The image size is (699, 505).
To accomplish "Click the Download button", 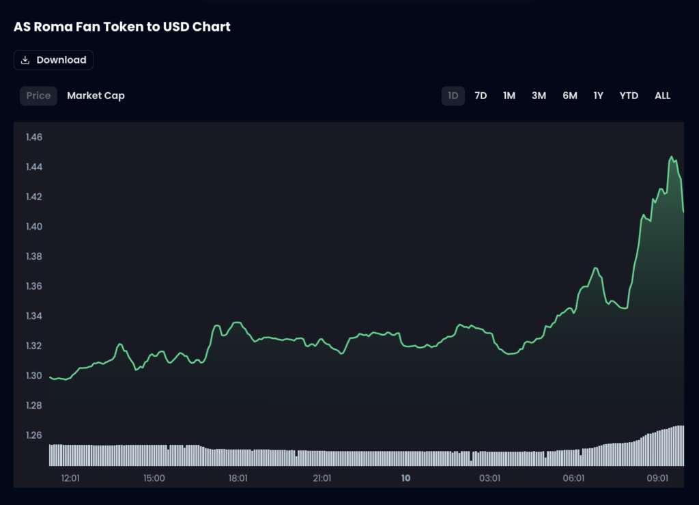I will (x=53, y=60).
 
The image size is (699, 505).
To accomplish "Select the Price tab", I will (x=38, y=96).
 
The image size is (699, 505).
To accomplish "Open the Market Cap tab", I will (x=96, y=96).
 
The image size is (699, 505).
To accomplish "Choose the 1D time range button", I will (x=453, y=96).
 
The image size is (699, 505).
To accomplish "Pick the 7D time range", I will (x=481, y=96).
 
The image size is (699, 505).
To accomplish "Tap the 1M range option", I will (x=509, y=96).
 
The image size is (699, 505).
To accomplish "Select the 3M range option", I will (x=539, y=96).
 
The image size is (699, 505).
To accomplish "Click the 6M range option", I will (x=570, y=96).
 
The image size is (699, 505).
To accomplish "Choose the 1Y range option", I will (x=599, y=96).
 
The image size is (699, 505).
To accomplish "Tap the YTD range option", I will (x=629, y=96).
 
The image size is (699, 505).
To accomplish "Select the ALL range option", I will (x=662, y=96).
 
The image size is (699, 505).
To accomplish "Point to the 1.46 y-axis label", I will (x=34, y=137).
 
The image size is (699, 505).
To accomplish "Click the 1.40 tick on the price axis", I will (x=34, y=226).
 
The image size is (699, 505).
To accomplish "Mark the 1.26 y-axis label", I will (x=34, y=435).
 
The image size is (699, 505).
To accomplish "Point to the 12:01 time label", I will (x=70, y=478).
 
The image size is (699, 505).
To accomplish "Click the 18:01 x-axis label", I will (x=238, y=478).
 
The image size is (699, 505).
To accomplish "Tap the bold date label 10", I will (x=405, y=478).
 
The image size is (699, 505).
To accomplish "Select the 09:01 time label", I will (x=657, y=478).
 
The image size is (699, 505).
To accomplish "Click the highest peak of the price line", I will (x=672, y=157).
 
